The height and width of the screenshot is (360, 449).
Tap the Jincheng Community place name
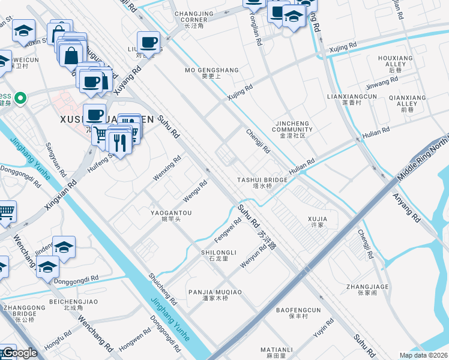(x=292, y=129)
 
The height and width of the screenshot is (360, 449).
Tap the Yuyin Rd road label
(x=323, y=327)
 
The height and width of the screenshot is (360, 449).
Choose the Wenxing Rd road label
(x=167, y=169)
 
